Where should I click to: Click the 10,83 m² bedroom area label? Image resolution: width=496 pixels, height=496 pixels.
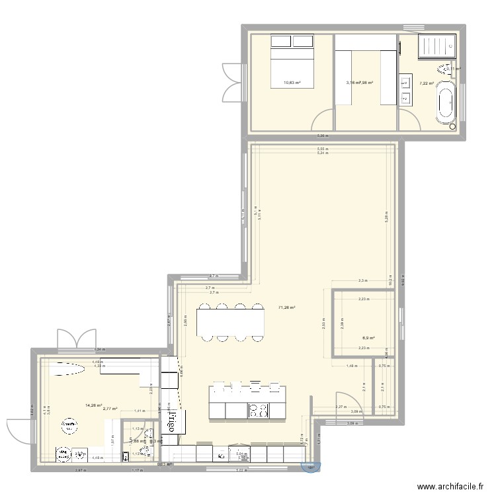[292, 83]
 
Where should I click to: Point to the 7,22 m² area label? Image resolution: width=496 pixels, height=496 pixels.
[425, 83]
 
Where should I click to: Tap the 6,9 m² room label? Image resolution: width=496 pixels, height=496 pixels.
[368, 338]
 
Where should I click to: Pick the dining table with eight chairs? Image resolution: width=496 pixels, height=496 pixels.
[231, 322]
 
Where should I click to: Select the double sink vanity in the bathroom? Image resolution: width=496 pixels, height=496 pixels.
[405, 92]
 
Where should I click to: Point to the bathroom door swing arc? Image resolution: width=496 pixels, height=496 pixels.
[409, 120]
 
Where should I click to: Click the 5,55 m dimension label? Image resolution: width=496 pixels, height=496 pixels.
[322, 149]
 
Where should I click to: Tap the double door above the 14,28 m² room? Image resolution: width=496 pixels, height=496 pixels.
[77, 340]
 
